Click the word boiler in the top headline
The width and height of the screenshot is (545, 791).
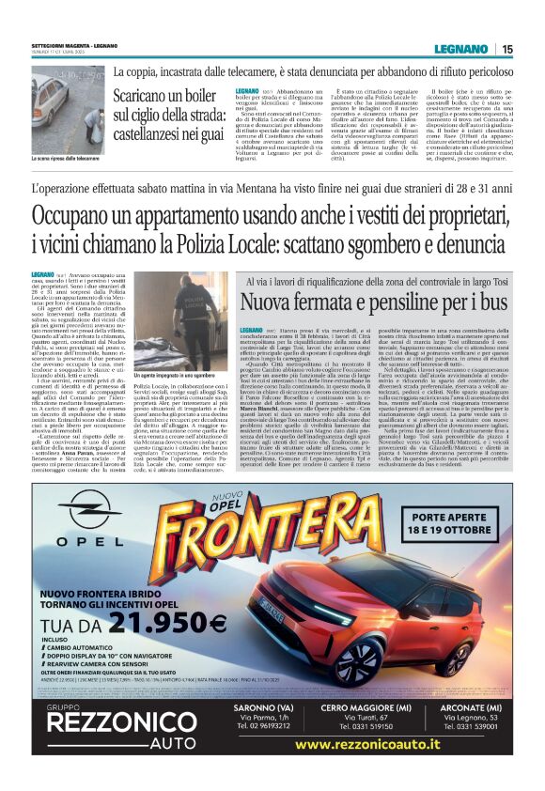click(x=194, y=95)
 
